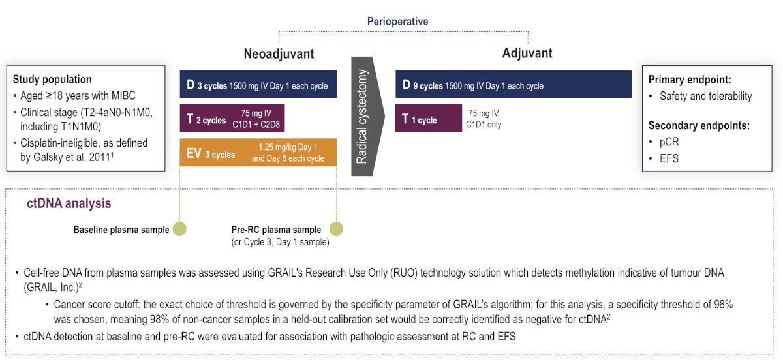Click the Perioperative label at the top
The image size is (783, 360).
(x=397, y=22)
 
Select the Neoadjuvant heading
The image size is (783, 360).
(x=279, y=54)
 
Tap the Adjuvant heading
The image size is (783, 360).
(x=527, y=53)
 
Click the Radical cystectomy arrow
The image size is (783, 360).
(x=367, y=116)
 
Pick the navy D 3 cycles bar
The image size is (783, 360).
(x=258, y=84)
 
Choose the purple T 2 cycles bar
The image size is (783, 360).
(x=232, y=118)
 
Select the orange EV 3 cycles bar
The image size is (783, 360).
(x=258, y=153)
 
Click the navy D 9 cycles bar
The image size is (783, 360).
(x=513, y=84)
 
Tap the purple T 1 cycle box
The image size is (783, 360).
(x=429, y=118)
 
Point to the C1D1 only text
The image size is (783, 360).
(x=484, y=125)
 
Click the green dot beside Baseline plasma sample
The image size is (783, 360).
(x=179, y=229)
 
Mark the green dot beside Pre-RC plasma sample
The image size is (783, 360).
(x=336, y=229)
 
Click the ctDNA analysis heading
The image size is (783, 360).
(x=69, y=203)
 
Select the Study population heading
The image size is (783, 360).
(x=52, y=80)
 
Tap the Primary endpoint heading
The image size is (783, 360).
(x=690, y=80)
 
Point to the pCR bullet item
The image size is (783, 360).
(x=669, y=142)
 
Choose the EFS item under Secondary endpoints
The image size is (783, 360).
(x=669, y=158)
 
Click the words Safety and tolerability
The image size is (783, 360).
(x=705, y=96)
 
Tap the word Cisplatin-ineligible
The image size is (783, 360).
(x=55, y=143)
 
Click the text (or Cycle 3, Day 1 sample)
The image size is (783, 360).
(x=280, y=242)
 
